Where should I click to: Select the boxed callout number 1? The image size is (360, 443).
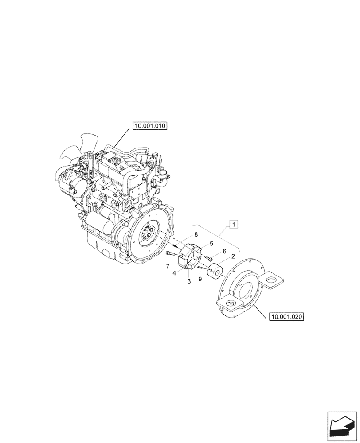click(234, 225)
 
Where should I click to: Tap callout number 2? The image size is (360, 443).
click(233, 256)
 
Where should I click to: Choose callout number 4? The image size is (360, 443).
click(175, 273)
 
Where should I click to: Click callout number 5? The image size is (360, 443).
click(211, 243)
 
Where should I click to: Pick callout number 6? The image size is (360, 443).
click(224, 251)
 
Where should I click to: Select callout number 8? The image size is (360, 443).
click(195, 235)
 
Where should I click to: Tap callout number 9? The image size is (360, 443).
click(200, 279)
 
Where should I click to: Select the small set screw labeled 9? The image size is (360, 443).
click(201, 267)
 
